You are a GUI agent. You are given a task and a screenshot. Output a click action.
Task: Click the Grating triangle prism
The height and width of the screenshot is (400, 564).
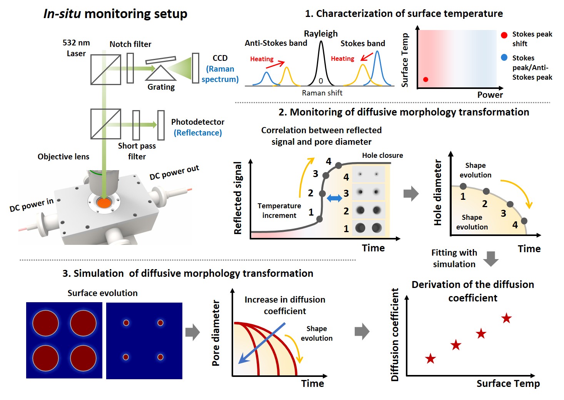tap(161, 73)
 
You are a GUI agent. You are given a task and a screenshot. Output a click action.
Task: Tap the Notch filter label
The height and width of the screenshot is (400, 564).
tap(130, 44)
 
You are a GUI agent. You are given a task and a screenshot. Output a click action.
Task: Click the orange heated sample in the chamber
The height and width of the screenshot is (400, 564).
tap(104, 203)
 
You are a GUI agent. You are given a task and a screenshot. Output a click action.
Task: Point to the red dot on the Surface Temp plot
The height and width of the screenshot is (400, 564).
tap(426, 79)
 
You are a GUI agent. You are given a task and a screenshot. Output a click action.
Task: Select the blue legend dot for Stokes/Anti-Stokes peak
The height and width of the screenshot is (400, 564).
tap(504, 57)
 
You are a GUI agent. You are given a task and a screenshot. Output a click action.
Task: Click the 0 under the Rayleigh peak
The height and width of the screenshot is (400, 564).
tap(320, 81)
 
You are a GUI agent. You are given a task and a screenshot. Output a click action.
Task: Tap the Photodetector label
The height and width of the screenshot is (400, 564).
tap(198, 122)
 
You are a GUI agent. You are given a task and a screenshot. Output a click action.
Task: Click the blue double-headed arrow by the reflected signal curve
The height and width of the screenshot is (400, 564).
tap(334, 198)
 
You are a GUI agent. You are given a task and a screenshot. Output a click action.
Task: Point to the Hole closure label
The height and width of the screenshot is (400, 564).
tap(382, 156)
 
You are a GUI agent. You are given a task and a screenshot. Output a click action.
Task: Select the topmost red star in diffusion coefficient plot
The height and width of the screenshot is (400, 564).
tap(506, 318)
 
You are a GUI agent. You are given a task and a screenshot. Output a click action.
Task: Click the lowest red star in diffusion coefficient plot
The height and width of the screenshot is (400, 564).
tap(430, 358)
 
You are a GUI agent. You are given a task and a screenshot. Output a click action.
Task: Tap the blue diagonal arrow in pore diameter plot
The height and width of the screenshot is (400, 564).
tap(262, 343)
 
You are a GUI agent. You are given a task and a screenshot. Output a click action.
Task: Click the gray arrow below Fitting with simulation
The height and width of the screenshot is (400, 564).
tap(491, 259)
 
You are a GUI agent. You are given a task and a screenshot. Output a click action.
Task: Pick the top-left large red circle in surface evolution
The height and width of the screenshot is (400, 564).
tap(45, 323)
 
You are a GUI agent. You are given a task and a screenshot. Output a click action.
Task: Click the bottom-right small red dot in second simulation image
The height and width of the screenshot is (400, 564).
tap(160, 357)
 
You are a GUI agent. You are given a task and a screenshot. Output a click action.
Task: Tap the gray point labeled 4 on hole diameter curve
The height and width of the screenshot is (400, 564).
tap(524, 221)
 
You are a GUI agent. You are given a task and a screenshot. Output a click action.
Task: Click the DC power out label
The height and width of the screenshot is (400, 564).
tap(174, 172)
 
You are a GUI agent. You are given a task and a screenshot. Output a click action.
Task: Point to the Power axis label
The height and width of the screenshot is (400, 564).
tap(490, 95)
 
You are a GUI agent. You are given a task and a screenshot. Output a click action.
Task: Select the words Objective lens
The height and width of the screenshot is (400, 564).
tap(63, 157)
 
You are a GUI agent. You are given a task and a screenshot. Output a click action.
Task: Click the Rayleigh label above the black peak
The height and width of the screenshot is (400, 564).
tap(320, 34)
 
